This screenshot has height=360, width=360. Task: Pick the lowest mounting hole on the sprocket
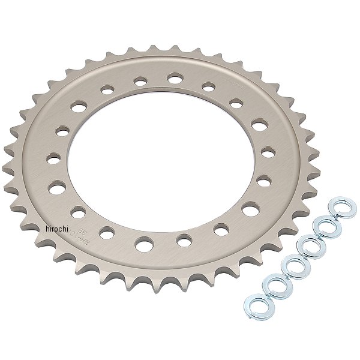coord(144,244)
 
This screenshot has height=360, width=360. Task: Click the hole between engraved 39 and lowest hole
coord(109,232)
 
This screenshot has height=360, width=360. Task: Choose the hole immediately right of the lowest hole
coord(184,241)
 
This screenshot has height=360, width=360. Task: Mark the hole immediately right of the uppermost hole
coord(208,88)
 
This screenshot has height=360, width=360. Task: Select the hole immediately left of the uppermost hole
coord(140,79)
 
